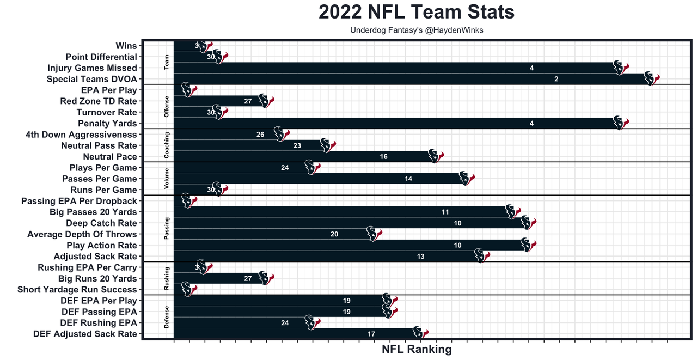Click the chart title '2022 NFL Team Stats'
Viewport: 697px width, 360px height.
[417, 12]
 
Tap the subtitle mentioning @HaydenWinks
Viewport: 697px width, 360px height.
[417, 30]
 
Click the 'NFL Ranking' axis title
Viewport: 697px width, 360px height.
[417, 349]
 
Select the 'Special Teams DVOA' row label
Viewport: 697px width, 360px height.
[92, 79]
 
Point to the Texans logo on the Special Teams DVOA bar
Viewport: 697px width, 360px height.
[651, 78]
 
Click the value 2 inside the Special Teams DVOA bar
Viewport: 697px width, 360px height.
[556, 79]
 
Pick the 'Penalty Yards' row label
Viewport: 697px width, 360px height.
[107, 124]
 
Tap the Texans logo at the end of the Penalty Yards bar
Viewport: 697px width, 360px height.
[620, 123]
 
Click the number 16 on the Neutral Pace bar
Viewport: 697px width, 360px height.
[384, 157]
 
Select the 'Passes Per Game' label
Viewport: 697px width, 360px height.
[100, 179]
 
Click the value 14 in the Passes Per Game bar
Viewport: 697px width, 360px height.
[408, 179]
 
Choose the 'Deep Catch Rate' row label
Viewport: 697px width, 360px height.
[101, 223]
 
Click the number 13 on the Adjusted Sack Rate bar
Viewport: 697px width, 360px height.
[420, 257]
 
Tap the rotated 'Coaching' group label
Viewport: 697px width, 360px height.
[167, 145]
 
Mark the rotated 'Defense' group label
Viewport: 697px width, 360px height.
[167, 318]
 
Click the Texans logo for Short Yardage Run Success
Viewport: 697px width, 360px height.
[188, 289]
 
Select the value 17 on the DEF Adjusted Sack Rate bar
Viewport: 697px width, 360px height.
[371, 334]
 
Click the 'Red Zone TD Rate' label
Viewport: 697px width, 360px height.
[99, 101]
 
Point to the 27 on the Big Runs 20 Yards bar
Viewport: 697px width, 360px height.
[248, 278]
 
